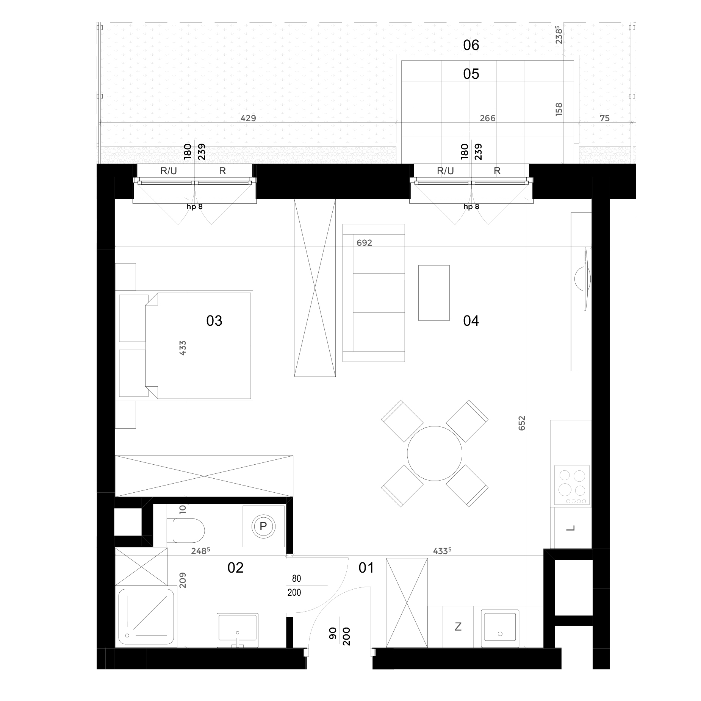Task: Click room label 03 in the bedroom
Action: (214, 321)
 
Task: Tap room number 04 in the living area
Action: (471, 321)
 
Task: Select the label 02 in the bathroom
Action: (235, 567)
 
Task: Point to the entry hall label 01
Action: (366, 567)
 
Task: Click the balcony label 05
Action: (471, 74)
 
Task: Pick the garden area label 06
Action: (471, 45)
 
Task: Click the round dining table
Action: (435, 453)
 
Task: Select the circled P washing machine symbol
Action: (263, 526)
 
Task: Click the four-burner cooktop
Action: (572, 485)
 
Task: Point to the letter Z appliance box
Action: (458, 627)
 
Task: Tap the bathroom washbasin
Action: (238, 631)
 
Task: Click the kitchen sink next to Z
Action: (500, 628)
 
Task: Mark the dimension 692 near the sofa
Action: (365, 243)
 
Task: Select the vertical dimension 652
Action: (522, 423)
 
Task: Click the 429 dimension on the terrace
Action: (249, 118)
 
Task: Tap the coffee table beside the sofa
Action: (434, 293)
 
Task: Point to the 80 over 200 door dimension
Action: (294, 585)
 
